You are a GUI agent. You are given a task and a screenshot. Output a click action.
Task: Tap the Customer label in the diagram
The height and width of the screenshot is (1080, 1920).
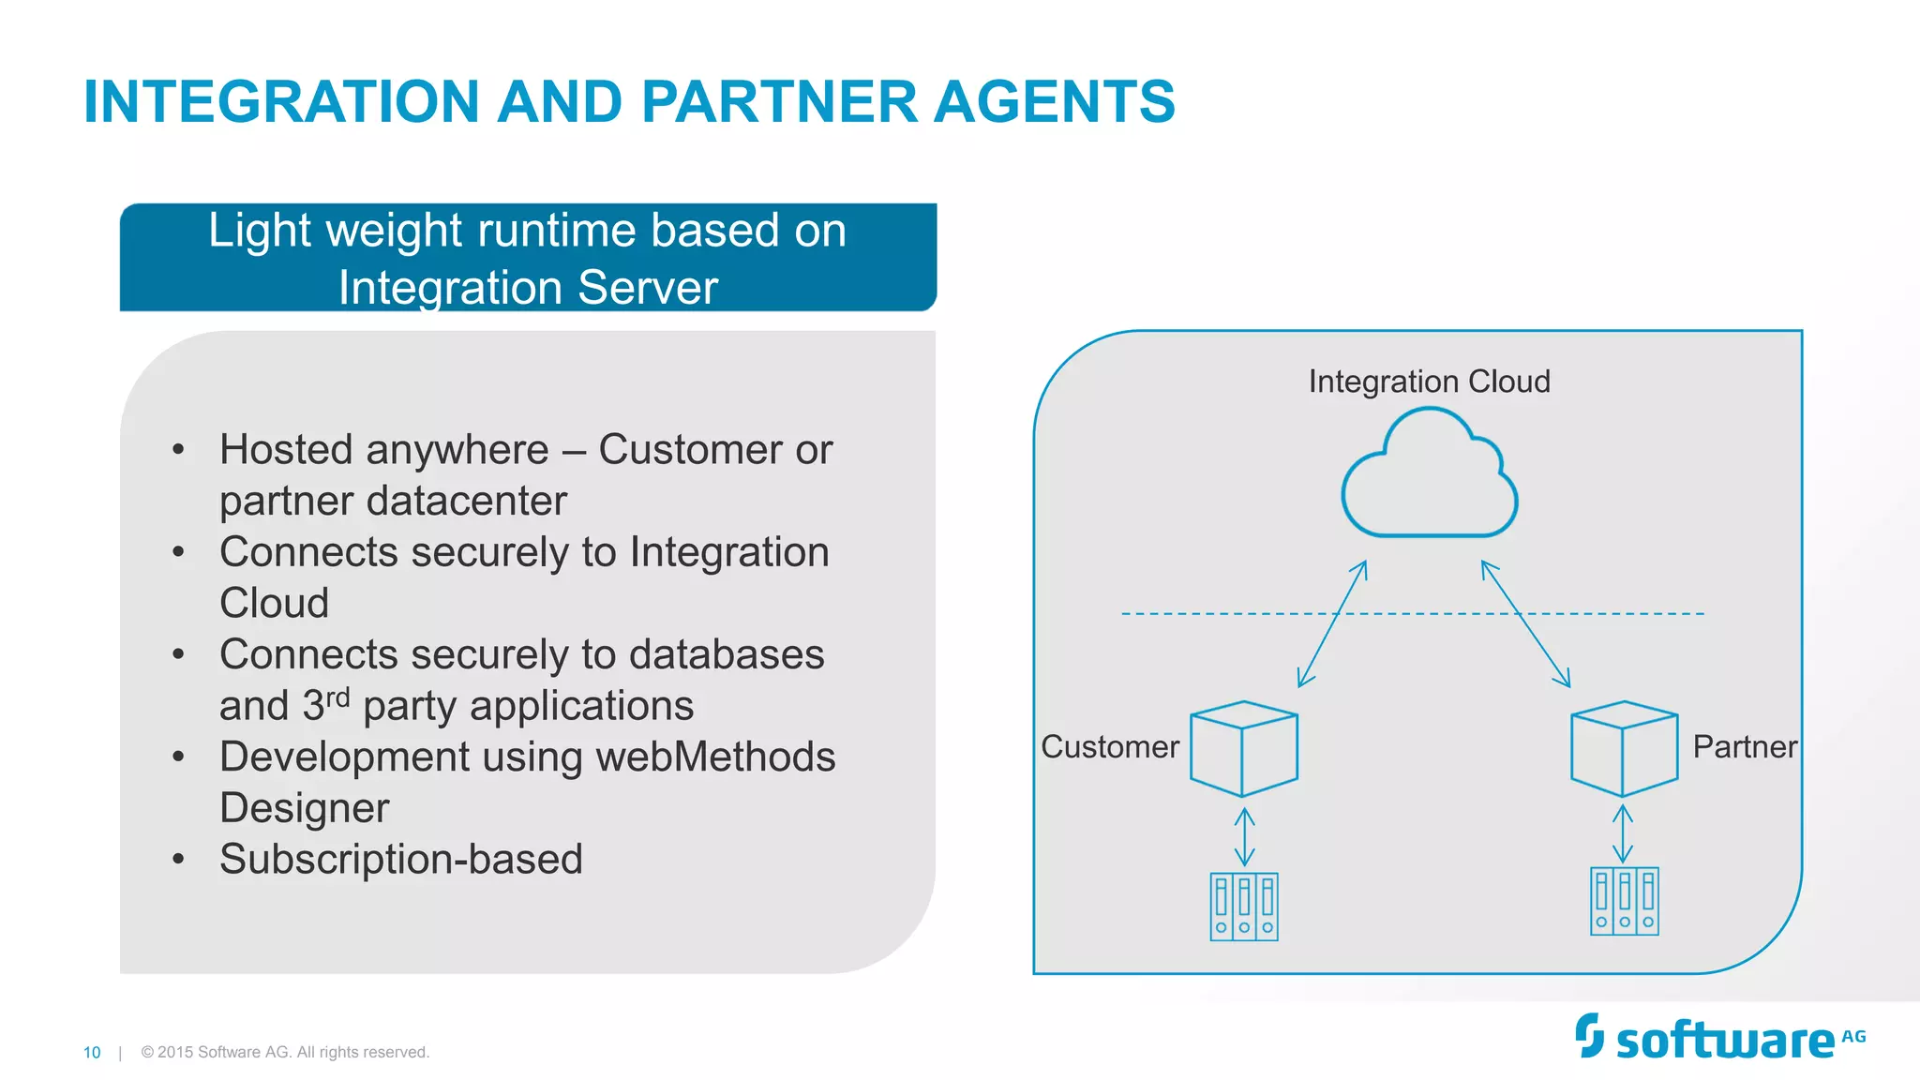click(x=1110, y=747)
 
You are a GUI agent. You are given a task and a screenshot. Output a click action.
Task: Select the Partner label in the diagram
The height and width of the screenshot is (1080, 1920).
click(x=1745, y=747)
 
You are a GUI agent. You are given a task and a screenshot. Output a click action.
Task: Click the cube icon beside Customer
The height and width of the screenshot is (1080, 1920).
click(x=1244, y=749)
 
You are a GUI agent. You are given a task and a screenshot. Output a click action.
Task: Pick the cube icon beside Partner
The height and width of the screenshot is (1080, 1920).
click(x=1625, y=749)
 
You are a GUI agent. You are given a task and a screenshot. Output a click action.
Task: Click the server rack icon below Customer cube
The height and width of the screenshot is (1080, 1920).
click(x=1244, y=907)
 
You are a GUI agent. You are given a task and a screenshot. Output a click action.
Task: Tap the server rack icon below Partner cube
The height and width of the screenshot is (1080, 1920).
click(x=1625, y=901)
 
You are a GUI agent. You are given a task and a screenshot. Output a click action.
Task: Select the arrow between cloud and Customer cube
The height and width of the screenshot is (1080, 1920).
click(x=1332, y=624)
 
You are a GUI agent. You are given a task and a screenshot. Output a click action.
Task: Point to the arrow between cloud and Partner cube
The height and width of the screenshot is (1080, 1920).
click(x=1525, y=624)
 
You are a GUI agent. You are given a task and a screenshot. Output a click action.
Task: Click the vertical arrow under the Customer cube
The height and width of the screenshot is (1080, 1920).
click(x=1244, y=836)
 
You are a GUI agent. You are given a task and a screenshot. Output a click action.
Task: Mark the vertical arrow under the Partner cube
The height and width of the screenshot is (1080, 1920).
click(x=1623, y=833)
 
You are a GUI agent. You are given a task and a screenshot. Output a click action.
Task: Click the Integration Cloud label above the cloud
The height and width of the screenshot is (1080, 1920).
click(x=1429, y=382)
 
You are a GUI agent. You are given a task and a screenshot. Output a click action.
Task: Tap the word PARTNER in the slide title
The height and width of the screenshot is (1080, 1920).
click(x=779, y=101)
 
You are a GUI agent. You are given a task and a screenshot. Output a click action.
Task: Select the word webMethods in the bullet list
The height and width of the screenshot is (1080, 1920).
click(x=715, y=757)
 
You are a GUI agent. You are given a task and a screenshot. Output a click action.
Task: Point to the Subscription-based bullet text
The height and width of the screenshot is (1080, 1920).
click(x=401, y=860)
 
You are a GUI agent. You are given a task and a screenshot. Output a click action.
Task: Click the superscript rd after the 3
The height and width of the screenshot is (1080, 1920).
click(x=337, y=698)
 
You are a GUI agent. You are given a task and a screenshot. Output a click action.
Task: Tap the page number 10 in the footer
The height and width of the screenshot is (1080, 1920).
click(x=92, y=1053)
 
